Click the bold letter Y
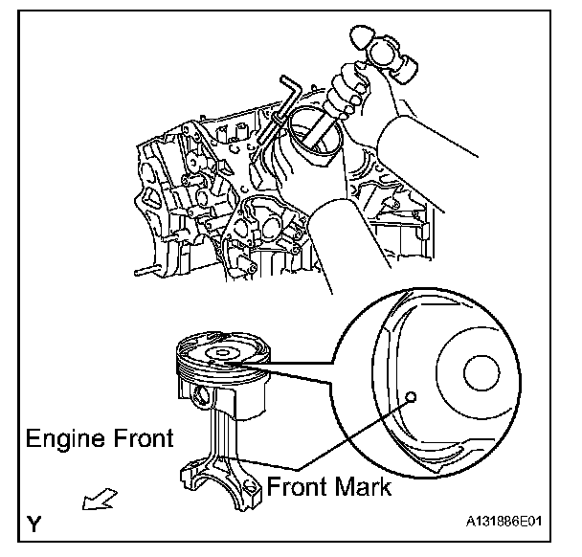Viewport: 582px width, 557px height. coord(35,524)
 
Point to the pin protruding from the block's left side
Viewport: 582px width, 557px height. coord(145,271)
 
